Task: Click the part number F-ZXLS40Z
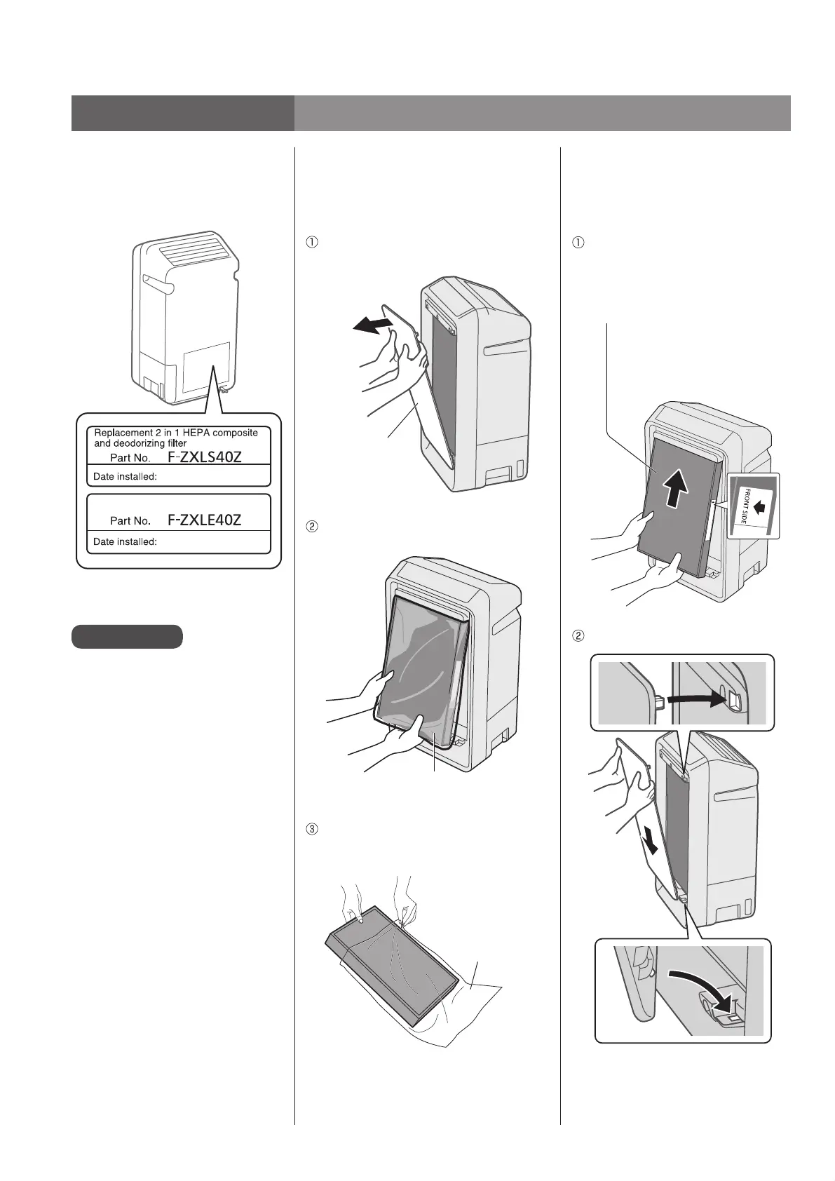[x=205, y=457]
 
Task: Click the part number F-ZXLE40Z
[x=205, y=520]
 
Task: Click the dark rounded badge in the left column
[x=127, y=636]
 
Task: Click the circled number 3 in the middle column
[x=313, y=829]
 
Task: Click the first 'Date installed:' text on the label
[x=125, y=476]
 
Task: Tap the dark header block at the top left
[x=182, y=113]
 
